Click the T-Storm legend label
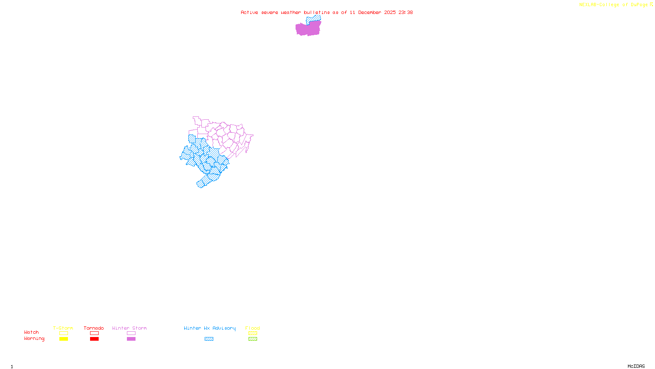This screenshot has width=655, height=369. pyautogui.click(x=63, y=328)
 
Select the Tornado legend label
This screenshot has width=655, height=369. pyautogui.click(x=94, y=328)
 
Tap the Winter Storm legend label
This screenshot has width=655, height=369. pyautogui.click(x=129, y=328)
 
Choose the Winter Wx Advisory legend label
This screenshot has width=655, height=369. pyautogui.click(x=210, y=328)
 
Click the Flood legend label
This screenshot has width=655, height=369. pyautogui.click(x=253, y=328)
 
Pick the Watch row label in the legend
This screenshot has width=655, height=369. pyautogui.click(x=32, y=332)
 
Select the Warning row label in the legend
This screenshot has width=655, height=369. pyautogui.click(x=34, y=339)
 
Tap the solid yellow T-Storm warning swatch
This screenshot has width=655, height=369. pyautogui.click(x=63, y=339)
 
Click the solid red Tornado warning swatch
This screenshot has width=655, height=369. pyautogui.click(x=94, y=339)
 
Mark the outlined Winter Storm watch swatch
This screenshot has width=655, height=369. pyautogui.click(x=131, y=333)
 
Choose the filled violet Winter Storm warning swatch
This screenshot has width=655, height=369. pyautogui.click(x=131, y=339)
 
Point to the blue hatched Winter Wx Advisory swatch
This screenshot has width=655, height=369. pyautogui.click(x=209, y=339)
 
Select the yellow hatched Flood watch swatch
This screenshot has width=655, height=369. pyautogui.click(x=253, y=333)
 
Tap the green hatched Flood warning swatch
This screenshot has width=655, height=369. pyautogui.click(x=253, y=339)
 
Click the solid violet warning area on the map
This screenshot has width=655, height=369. pyautogui.click(x=308, y=30)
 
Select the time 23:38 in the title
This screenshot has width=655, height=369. pyautogui.click(x=406, y=12)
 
